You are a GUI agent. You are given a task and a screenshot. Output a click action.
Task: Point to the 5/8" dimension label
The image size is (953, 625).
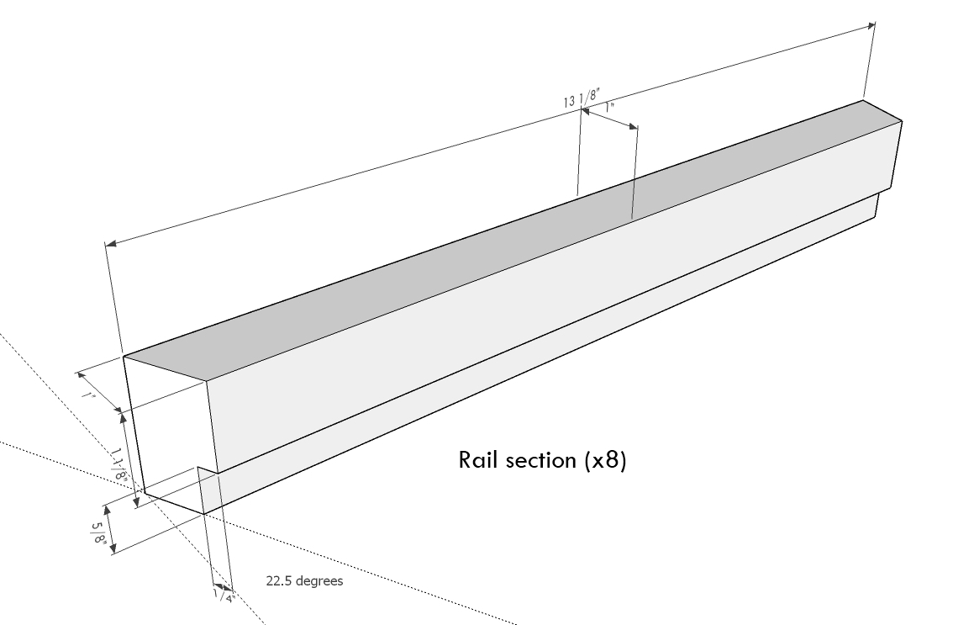(x=98, y=532)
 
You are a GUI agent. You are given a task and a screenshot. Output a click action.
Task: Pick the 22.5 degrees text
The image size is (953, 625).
(x=304, y=580)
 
